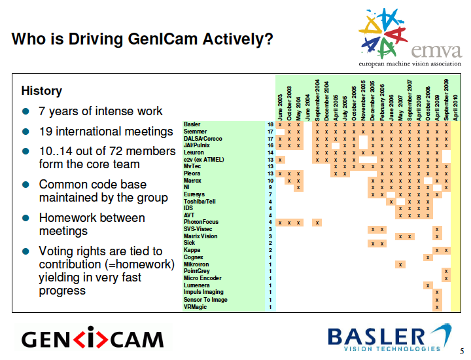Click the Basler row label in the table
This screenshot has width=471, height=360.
pos(192,124)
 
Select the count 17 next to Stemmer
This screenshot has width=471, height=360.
pos(270,132)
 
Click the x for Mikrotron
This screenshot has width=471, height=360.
pos(400,264)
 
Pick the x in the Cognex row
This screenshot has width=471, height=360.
pos(428,257)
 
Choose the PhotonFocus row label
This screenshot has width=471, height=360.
pos(201,223)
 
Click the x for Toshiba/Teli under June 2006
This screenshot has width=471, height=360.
pos(391,202)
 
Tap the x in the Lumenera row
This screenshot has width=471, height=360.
pos(428,285)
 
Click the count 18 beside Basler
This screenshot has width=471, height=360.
pos(270,124)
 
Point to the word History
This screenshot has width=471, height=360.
pos(42,91)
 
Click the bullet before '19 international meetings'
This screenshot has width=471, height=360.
pos(26,132)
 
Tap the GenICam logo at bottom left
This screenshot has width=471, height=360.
pos(92,339)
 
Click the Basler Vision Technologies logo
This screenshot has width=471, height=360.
pos(389,338)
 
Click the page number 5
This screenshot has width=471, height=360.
pos(462,351)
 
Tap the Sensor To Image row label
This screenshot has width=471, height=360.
pos(205,300)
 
